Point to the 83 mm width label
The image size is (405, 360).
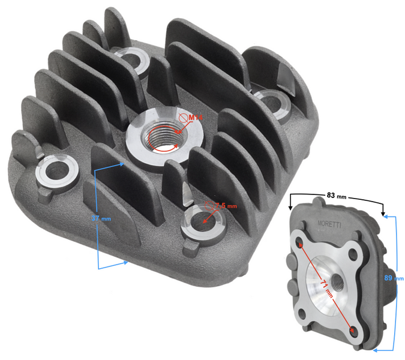[337, 196]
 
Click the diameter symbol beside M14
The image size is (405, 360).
[182, 119]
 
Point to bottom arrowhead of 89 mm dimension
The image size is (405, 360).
[376, 349]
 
